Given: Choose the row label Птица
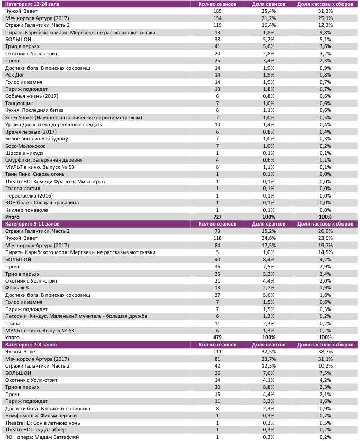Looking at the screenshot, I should (x=12, y=323).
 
